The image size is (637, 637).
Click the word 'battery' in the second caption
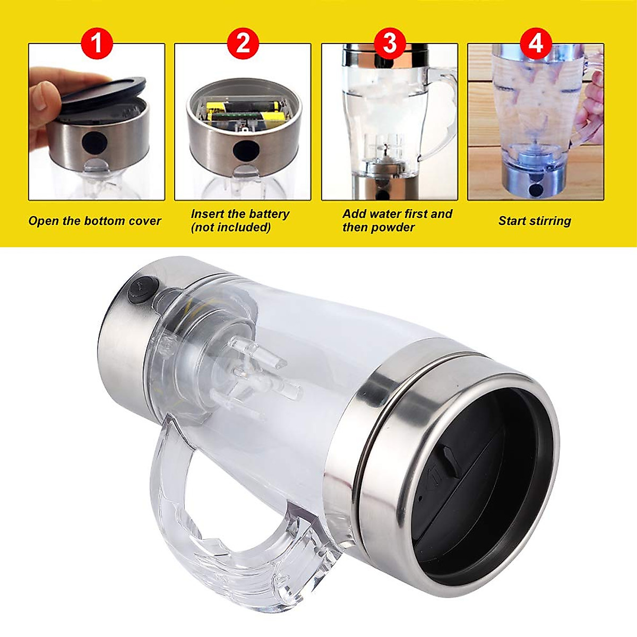click(x=269, y=214)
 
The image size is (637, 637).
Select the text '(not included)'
click(x=230, y=228)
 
